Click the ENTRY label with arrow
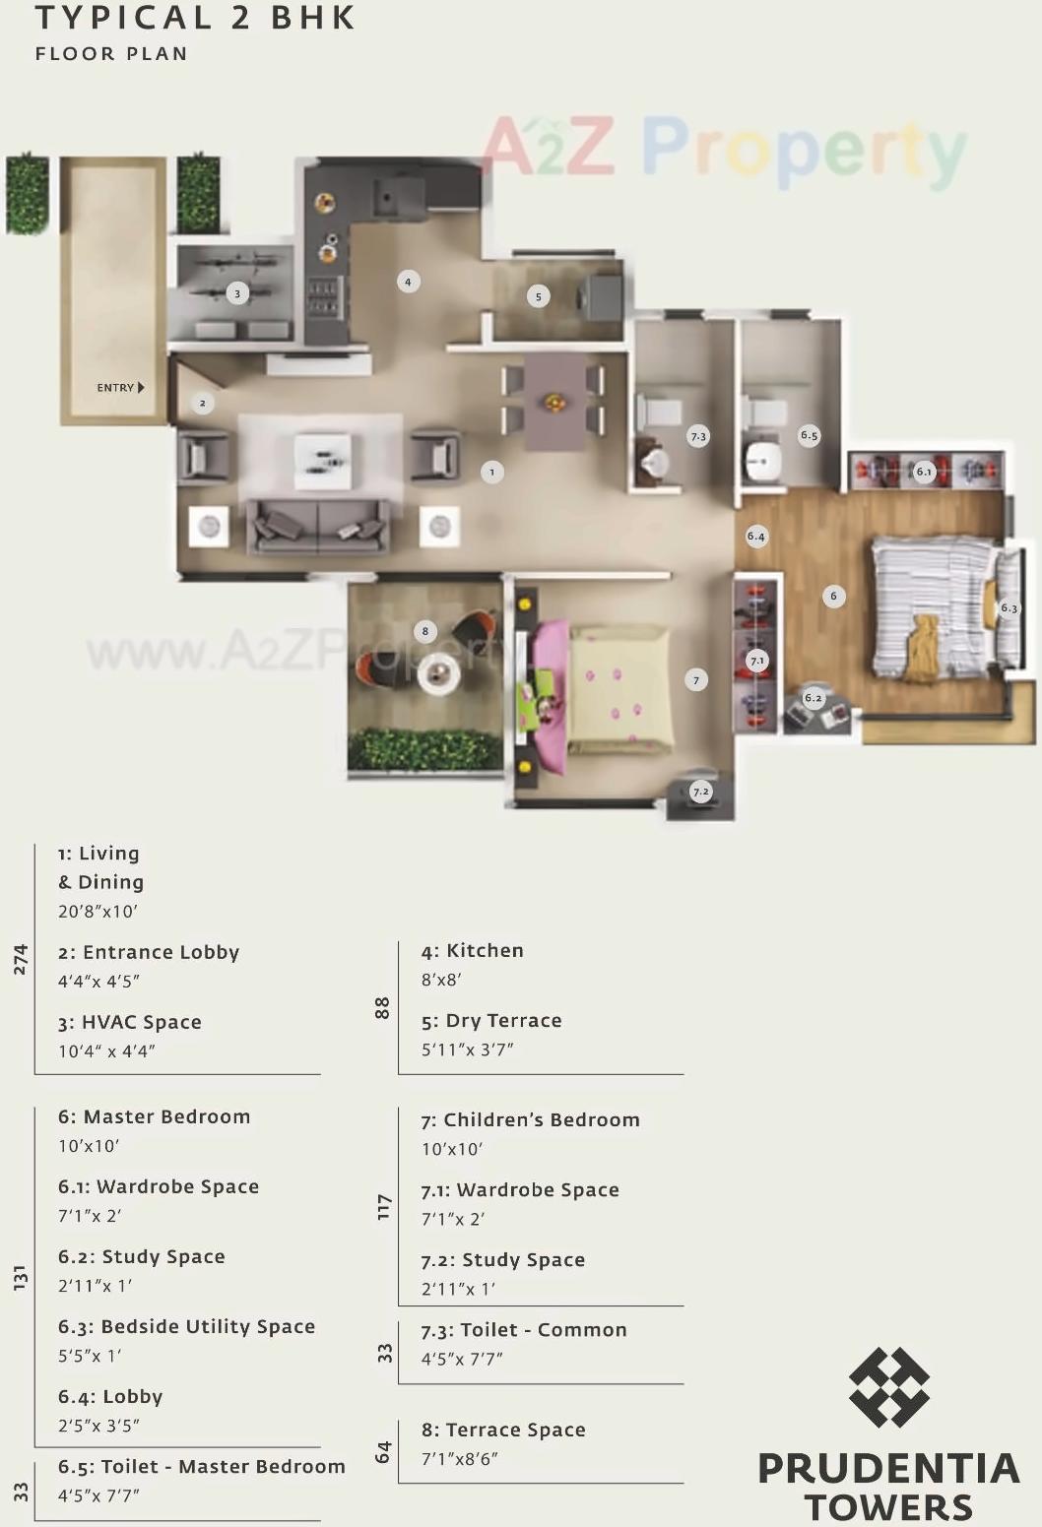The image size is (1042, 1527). [120, 388]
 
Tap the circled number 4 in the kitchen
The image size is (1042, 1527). [408, 282]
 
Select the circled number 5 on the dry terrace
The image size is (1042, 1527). [538, 296]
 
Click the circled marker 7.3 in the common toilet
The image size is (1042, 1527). [697, 436]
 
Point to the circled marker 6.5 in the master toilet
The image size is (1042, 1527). [809, 435]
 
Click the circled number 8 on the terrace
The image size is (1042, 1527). [424, 631]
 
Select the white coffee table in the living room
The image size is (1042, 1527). [322, 461]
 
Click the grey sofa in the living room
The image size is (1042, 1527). [317, 526]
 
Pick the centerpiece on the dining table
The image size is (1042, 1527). [554, 402]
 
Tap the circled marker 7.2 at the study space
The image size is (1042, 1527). [700, 792]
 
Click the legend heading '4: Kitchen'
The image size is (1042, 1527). [472, 951]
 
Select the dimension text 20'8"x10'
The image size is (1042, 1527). [98, 912]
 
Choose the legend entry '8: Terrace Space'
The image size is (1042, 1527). [503, 1431]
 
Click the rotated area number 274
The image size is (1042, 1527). [21, 959]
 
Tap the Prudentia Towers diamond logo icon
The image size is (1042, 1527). [888, 1387]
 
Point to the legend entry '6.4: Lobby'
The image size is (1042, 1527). [110, 1397]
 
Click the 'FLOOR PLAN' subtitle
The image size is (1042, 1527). [111, 54]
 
